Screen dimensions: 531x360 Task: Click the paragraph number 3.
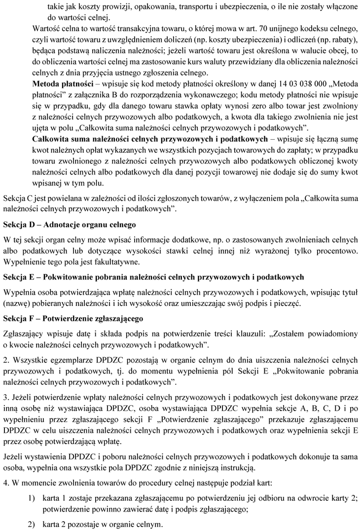[6, 396]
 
